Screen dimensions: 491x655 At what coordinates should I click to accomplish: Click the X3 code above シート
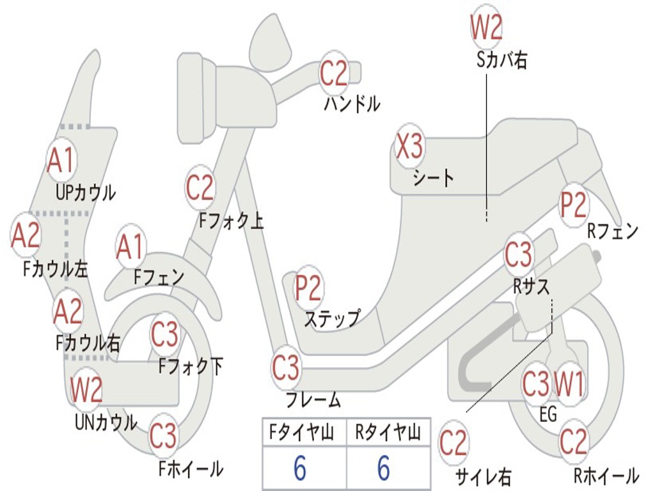point(409,148)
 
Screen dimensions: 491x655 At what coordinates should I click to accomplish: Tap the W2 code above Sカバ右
point(486,27)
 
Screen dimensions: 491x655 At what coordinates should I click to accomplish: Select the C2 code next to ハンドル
point(334,74)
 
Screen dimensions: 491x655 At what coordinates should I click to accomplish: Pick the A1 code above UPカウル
point(61,161)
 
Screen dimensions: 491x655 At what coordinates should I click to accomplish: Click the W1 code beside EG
point(569,384)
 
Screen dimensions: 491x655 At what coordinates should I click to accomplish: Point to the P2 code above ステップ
point(308,288)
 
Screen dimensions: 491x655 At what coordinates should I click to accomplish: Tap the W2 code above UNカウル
point(86,389)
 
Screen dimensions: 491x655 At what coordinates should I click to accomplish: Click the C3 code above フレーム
point(285,368)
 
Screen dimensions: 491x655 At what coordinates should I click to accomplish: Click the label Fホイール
point(191,469)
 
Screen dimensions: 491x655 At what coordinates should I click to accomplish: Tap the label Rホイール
point(606,475)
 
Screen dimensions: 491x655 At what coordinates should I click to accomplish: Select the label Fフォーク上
point(231,221)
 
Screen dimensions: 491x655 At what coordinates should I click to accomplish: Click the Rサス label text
point(531,286)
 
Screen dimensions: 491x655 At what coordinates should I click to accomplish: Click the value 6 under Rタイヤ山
point(383,469)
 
